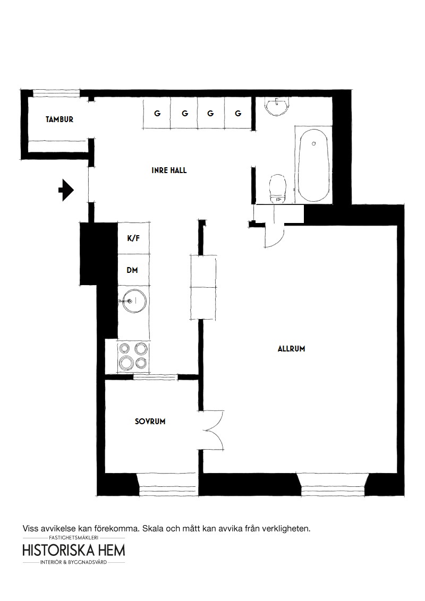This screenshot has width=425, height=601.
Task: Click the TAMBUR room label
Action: (59, 119)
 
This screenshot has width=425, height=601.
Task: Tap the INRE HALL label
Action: (169, 170)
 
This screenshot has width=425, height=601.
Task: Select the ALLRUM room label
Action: (292, 349)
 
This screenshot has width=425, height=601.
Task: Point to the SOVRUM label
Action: (150, 421)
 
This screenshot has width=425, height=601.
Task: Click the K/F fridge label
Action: (133, 238)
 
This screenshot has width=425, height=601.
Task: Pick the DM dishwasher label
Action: (132, 270)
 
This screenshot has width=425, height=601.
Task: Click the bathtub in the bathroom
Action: (314, 165)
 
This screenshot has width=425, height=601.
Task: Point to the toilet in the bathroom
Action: (278, 188)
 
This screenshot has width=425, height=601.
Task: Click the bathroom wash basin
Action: (278, 106)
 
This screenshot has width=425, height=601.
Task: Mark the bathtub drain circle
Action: (314, 144)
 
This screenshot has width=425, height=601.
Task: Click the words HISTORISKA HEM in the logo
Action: (74, 550)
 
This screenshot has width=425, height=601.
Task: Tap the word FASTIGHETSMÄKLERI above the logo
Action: (74, 538)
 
